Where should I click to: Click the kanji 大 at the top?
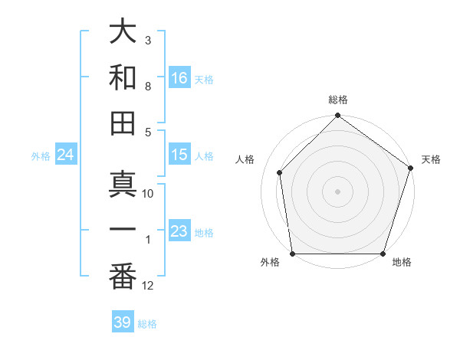(x=123, y=34)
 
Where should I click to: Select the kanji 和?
(x=123, y=77)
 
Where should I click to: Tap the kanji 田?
(x=123, y=123)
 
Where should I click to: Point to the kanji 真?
(x=123, y=185)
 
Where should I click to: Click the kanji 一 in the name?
(x=123, y=231)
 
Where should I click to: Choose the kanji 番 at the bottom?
(x=123, y=277)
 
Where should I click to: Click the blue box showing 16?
(x=179, y=78)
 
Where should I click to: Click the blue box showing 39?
(x=123, y=322)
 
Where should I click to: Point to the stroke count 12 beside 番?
(x=148, y=286)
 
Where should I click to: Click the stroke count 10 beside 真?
(x=148, y=194)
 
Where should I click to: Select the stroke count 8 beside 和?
(x=148, y=87)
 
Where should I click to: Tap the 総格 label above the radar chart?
(x=337, y=100)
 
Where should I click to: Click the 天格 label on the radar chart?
(x=431, y=159)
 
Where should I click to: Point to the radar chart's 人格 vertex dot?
(x=280, y=172)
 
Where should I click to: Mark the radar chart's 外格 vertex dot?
(x=292, y=254)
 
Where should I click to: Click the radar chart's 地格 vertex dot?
(x=383, y=254)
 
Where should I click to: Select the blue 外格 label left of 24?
(x=41, y=156)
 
